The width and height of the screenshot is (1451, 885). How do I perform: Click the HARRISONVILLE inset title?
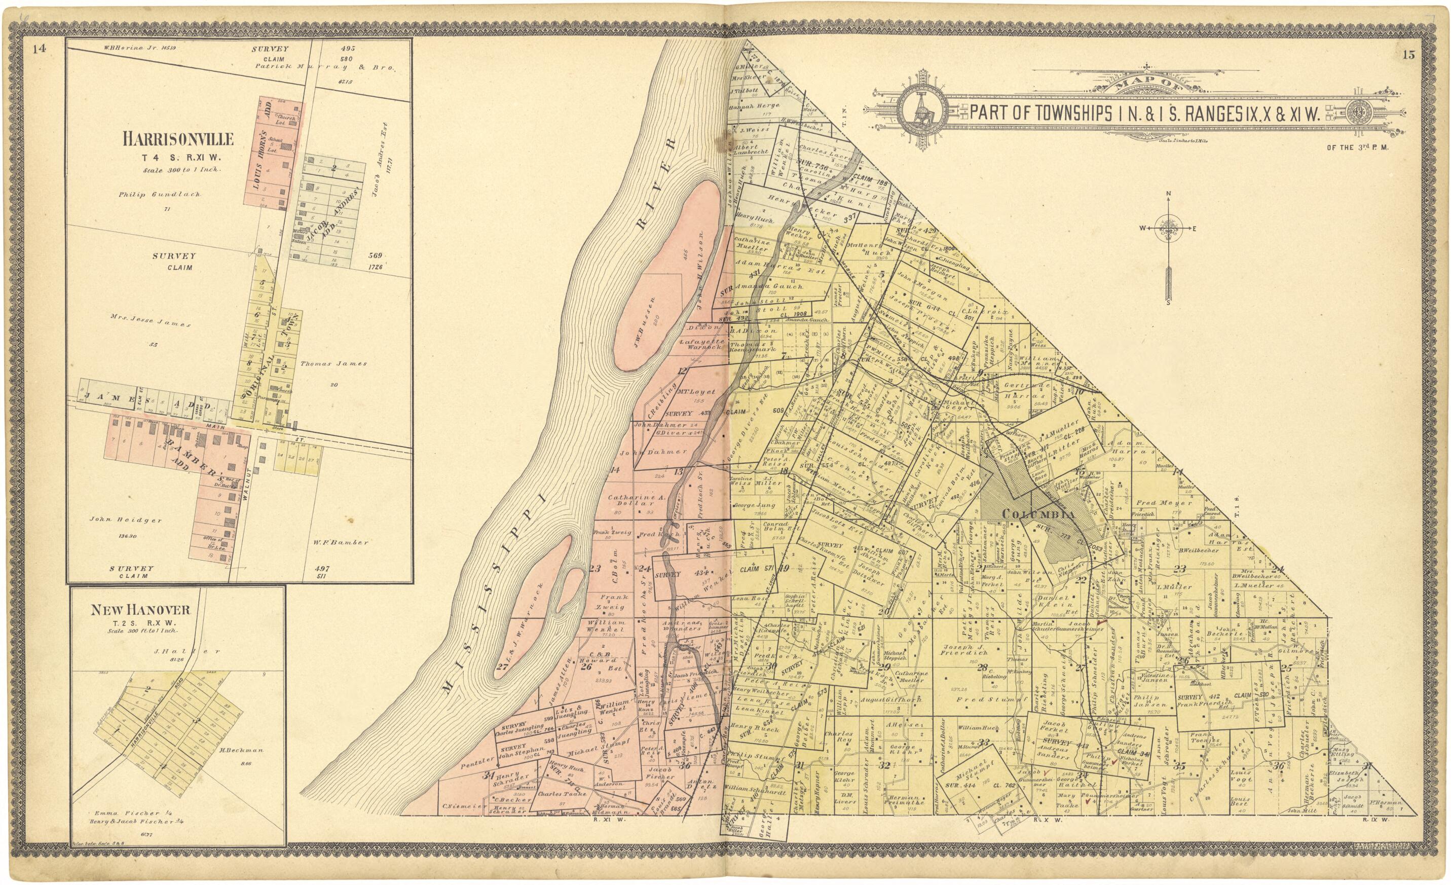point(178,139)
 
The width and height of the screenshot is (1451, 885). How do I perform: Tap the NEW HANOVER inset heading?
point(140,610)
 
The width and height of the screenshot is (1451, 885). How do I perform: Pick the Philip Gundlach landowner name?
point(159,194)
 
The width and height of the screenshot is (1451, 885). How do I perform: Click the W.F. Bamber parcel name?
point(341,542)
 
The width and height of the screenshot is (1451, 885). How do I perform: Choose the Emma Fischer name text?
point(119,813)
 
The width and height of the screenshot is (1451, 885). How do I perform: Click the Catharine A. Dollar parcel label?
point(636,500)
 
